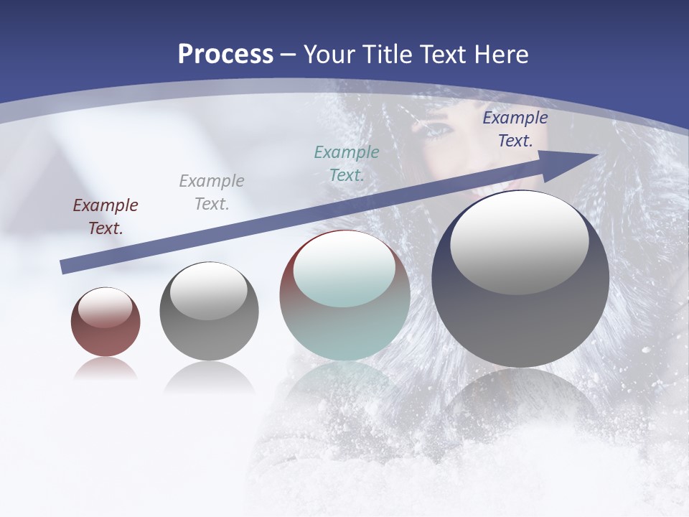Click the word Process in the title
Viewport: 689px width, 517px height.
(x=225, y=55)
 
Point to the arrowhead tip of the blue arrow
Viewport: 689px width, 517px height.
(x=597, y=154)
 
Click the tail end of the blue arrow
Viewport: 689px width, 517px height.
(x=62, y=267)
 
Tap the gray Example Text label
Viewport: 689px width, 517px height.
(x=211, y=192)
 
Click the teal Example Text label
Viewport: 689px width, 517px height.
(x=346, y=163)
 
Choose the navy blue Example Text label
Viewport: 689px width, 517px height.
(x=515, y=129)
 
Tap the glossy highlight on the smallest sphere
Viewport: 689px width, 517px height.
(x=105, y=307)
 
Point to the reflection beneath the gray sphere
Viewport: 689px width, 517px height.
(x=209, y=376)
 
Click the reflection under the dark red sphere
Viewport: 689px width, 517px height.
(x=106, y=369)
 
